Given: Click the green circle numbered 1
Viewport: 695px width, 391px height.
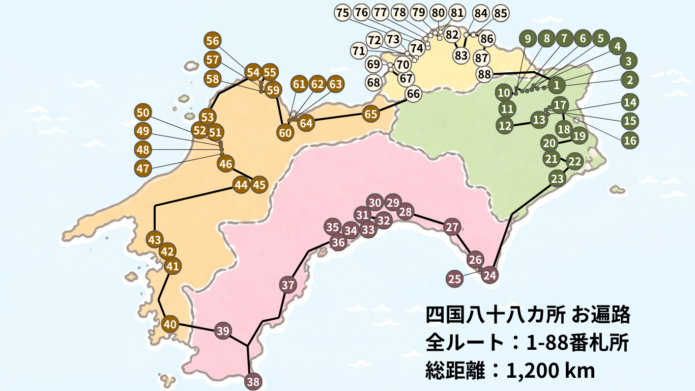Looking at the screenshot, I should [x=557, y=85].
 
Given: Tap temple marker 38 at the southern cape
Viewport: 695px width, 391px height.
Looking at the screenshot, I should [x=253, y=380].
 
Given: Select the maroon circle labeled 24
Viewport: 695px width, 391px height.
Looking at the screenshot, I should [x=489, y=275].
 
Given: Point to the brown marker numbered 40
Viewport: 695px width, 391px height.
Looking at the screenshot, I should [x=170, y=323].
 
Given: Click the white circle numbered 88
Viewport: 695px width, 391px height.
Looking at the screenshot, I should [x=484, y=74].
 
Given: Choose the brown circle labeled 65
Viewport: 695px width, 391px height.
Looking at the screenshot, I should [x=371, y=114].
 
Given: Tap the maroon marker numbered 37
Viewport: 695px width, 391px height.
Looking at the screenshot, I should [x=288, y=285].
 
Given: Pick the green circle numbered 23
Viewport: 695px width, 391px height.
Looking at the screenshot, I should [x=558, y=179].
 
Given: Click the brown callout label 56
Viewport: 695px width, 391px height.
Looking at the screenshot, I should [x=213, y=41].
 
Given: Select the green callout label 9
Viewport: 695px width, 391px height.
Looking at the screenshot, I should [x=528, y=38].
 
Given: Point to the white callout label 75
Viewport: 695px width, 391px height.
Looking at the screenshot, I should [x=343, y=13].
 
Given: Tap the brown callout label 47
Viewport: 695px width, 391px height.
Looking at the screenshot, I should [x=143, y=168].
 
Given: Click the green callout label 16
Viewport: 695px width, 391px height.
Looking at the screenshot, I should [x=630, y=140].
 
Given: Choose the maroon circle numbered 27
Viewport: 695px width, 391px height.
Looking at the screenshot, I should [x=451, y=227].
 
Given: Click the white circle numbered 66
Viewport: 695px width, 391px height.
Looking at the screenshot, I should [x=414, y=94].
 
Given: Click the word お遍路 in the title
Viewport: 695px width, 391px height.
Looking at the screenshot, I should [x=601, y=315].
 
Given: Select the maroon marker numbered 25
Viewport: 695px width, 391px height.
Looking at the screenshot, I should [x=455, y=278].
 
